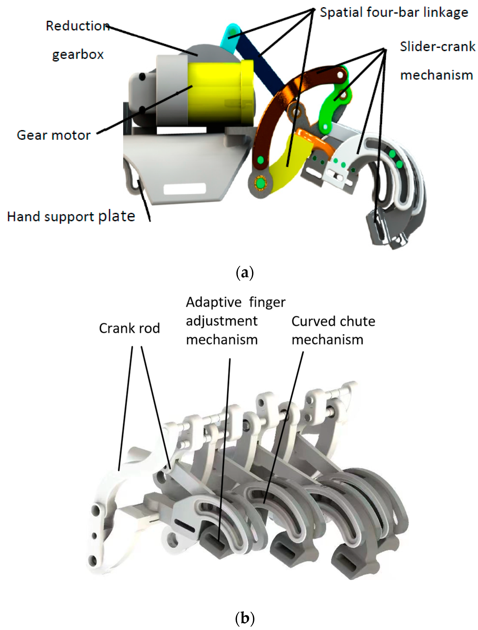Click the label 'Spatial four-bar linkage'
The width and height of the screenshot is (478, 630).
(x=394, y=13)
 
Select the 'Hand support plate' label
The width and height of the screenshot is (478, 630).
(x=71, y=216)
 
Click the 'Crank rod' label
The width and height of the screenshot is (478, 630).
(x=129, y=328)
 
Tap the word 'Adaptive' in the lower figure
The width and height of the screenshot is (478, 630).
(x=213, y=302)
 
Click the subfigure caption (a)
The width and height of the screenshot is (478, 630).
(x=245, y=273)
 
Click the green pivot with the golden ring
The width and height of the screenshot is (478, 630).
(x=260, y=184)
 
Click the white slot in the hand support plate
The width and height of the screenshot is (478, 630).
(x=184, y=189)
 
